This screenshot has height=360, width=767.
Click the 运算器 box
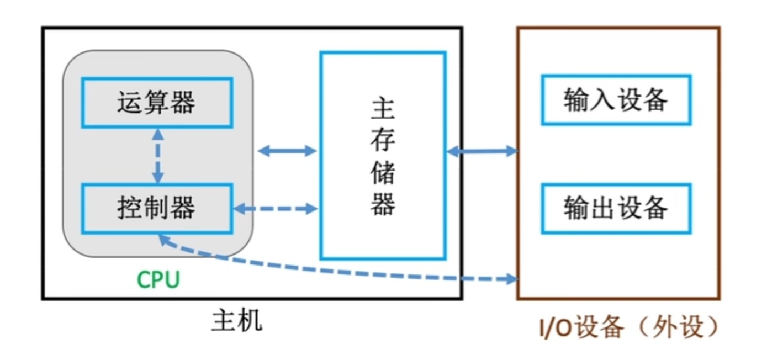click(157, 103)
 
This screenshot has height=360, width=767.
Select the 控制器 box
click(157, 208)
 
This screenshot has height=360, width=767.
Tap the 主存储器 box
click(383, 155)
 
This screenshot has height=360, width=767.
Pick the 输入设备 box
click(616, 100)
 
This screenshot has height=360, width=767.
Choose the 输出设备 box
click(616, 208)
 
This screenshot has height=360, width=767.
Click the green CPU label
click(158, 280)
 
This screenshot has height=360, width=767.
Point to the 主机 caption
click(237, 321)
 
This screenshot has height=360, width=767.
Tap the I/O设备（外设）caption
click(629, 327)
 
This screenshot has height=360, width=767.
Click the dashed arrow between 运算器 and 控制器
click(158, 156)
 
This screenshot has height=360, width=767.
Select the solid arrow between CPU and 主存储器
click(287, 150)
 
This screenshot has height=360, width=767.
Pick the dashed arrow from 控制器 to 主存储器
click(276, 208)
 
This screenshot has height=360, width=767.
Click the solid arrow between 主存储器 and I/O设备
click(482, 150)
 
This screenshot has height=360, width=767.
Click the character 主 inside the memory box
click(383, 110)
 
